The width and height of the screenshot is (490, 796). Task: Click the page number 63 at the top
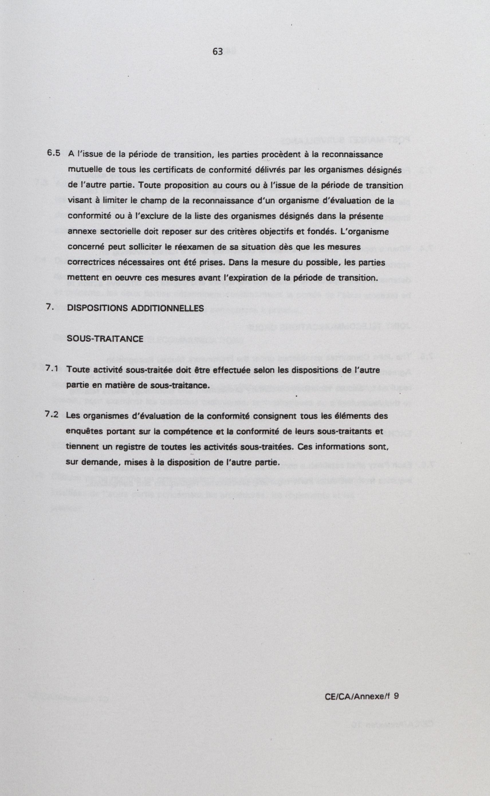click(218, 52)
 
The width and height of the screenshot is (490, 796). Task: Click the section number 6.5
click(54, 153)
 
